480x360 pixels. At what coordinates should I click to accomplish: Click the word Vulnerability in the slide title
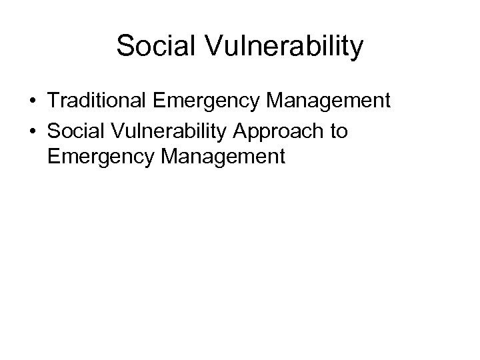[x=281, y=47]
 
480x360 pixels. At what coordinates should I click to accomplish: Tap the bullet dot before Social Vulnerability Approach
[x=32, y=131]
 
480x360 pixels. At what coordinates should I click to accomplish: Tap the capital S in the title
[x=125, y=47]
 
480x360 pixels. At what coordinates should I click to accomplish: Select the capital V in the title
[x=206, y=47]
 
